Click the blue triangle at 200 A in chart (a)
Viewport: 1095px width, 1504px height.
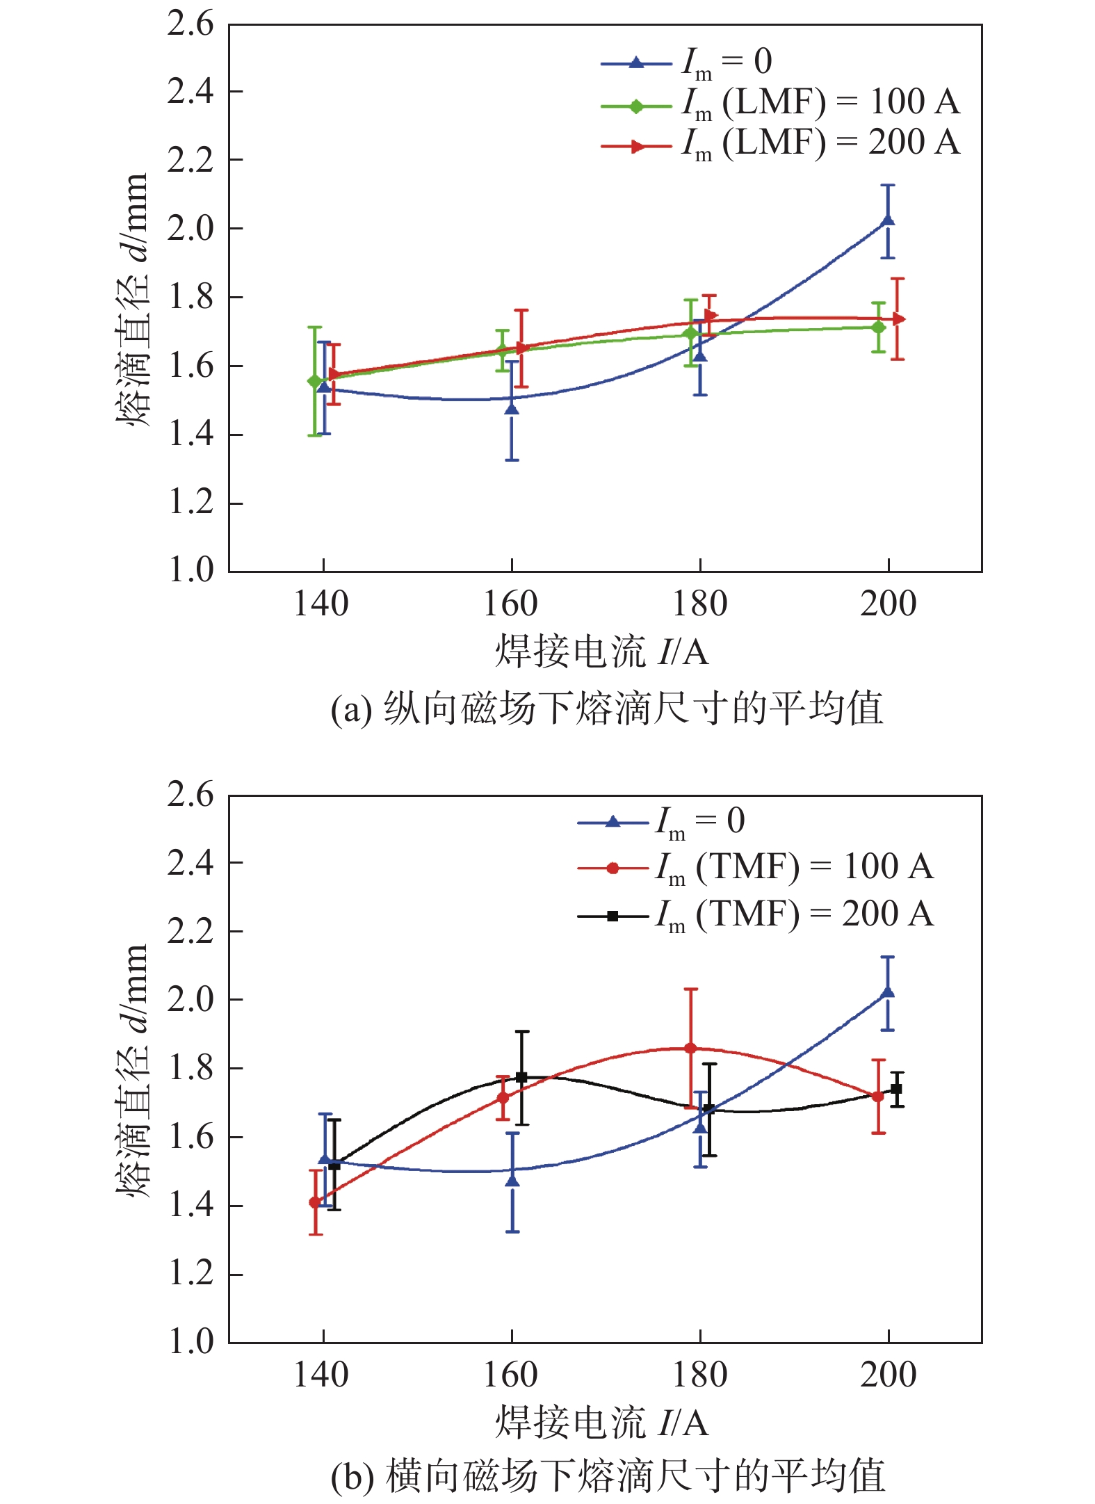887,221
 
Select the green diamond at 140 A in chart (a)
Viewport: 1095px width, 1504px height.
314,381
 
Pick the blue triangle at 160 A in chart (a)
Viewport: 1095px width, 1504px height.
512,409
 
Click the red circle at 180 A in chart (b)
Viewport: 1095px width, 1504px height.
690,1048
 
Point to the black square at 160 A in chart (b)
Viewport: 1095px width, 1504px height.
521,1077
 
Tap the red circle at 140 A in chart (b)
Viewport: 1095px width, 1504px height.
315,1202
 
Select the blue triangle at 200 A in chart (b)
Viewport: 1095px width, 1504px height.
887,992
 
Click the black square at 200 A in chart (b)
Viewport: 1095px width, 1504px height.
896,1088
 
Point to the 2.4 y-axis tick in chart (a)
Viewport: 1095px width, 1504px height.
190,91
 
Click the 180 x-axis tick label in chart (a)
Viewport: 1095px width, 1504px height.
699,604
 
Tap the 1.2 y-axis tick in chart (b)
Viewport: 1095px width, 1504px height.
190,1274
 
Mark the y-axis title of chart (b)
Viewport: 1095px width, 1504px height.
132,1071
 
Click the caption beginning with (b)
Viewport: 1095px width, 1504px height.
608,1475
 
